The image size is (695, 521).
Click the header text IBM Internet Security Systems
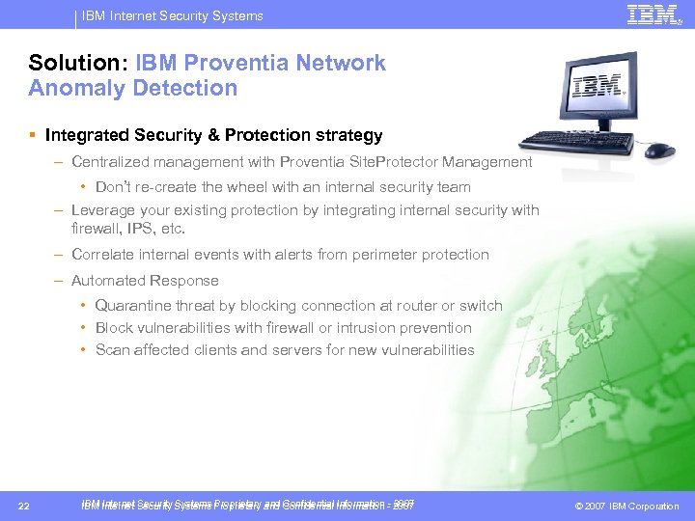pyautogui.click(x=172, y=15)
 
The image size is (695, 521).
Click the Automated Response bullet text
pyautogui.click(x=145, y=281)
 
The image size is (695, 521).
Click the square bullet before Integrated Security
pyautogui.click(x=34, y=135)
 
